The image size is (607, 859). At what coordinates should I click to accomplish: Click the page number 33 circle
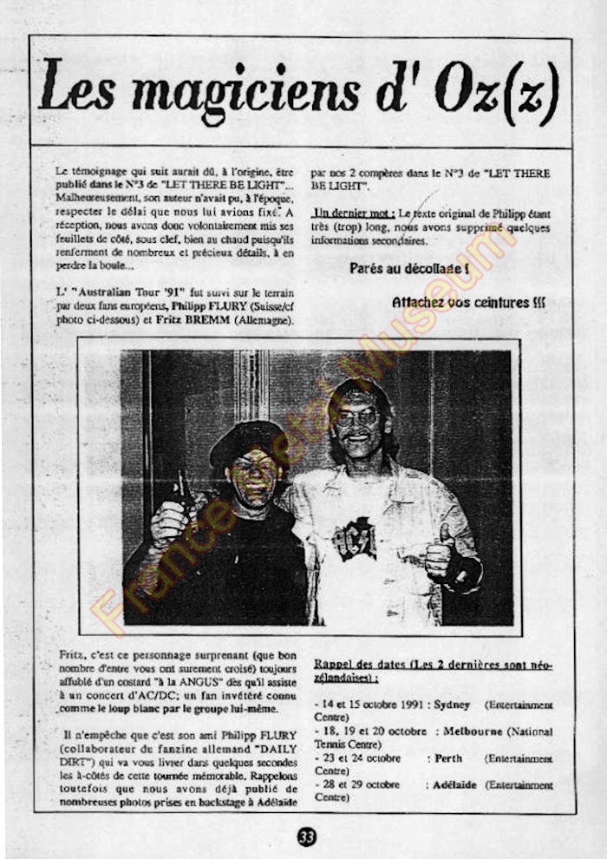[x=306, y=836]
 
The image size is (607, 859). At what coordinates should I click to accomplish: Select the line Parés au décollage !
[x=409, y=269]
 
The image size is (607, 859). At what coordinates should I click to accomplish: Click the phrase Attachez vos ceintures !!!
[x=468, y=303]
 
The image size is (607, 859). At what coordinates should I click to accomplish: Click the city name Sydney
[x=452, y=706]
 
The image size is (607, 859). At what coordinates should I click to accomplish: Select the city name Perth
[x=448, y=758]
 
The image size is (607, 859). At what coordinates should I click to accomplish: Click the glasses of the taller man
[x=357, y=417]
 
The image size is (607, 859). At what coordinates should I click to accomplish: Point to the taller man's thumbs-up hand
[x=441, y=555]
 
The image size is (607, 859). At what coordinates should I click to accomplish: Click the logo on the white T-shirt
[x=355, y=538]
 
